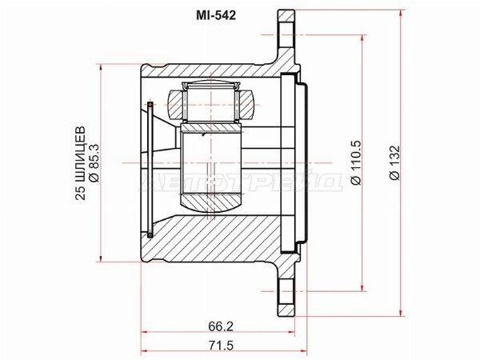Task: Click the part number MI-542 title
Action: click(x=216, y=15)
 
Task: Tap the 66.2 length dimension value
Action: click(x=221, y=326)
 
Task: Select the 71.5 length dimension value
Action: click(x=221, y=346)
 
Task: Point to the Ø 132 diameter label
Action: click(x=394, y=162)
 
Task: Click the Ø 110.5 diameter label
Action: click(x=356, y=162)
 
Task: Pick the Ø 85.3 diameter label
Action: click(x=94, y=163)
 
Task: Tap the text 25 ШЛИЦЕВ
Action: click(x=80, y=163)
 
